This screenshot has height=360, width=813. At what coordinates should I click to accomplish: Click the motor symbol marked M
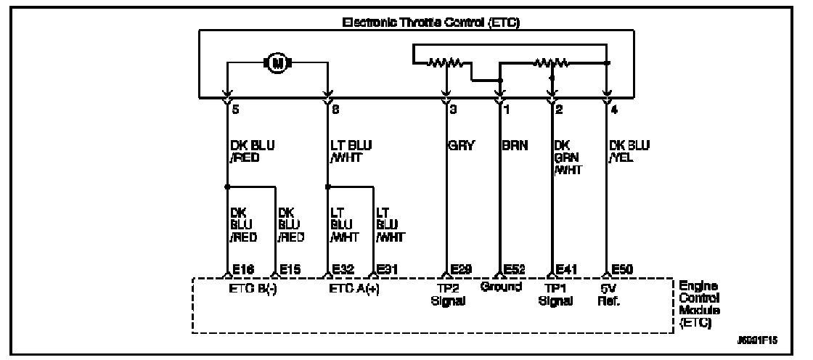click(277, 64)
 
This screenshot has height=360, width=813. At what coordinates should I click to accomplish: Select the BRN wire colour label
click(515, 144)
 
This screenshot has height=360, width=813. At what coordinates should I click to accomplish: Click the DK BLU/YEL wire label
click(625, 150)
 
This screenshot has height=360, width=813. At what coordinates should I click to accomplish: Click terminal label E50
click(622, 269)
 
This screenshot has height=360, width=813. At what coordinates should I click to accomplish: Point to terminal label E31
click(387, 269)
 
